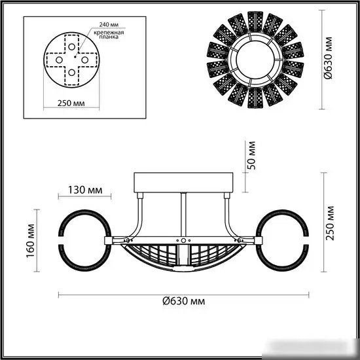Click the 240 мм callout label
pos(109,25)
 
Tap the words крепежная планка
pos(109,35)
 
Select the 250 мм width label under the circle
pos(71,103)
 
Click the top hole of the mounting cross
pos(71,47)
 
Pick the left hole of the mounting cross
pos(59,60)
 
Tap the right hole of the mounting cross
pos(84,60)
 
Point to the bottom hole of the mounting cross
pos(71,73)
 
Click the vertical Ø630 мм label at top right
pos(328,58)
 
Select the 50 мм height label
pos(251,155)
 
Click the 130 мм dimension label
pos(85,190)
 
